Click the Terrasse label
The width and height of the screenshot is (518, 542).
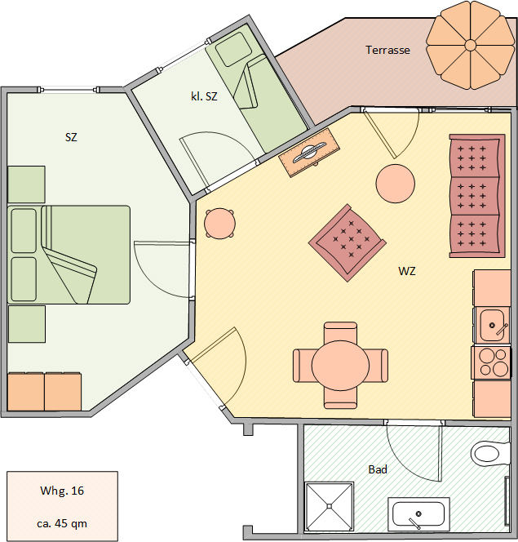tap(387, 50)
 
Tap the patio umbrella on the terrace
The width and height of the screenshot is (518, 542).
tap(471, 45)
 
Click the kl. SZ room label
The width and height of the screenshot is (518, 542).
tap(204, 96)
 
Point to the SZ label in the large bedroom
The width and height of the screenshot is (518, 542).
tap(71, 137)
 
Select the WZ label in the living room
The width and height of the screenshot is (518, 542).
tap(407, 271)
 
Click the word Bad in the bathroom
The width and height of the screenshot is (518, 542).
tap(378, 469)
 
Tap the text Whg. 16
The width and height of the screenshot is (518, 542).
tap(62, 491)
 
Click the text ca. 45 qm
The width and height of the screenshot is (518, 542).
tap(62, 523)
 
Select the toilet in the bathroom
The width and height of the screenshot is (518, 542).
tap(490, 453)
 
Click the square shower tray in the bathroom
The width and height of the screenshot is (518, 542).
tap(330, 506)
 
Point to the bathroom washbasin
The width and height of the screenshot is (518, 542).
tap(418, 514)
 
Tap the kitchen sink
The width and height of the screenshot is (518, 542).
tap(493, 325)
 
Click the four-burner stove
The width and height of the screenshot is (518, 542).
tap(491, 362)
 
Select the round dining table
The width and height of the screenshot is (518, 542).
tap(340, 366)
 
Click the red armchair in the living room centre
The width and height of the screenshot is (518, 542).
tap(348, 242)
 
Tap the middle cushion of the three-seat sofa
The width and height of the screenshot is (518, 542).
tap(475, 196)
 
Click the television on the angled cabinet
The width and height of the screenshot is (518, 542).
tap(309, 153)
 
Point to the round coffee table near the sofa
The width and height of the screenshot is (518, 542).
tap(396, 183)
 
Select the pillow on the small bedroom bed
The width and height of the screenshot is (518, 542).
tap(233, 50)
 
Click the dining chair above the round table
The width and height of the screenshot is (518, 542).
tap(340, 332)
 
